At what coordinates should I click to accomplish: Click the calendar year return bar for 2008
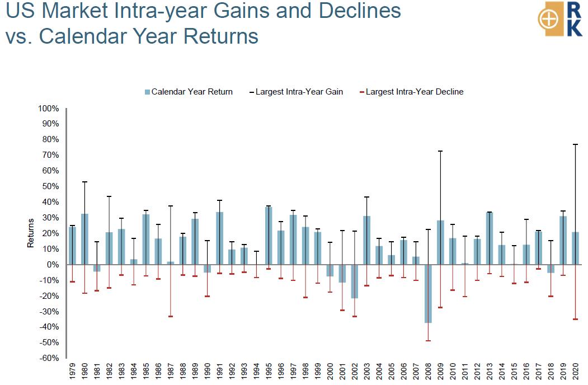pyautogui.click(x=428, y=293)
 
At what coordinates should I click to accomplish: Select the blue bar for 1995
pyautogui.click(x=269, y=236)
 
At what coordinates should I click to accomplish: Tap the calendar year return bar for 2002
pyautogui.click(x=354, y=281)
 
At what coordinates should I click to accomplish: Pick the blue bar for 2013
pyautogui.click(x=490, y=238)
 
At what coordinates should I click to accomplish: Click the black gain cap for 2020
pyautogui.click(x=575, y=144)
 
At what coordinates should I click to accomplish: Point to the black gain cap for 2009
pyautogui.click(x=440, y=151)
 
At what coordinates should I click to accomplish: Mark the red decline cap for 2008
pyautogui.click(x=428, y=341)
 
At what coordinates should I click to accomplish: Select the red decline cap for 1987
pyautogui.click(x=170, y=316)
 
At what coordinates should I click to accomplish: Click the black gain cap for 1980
pyautogui.click(x=84, y=182)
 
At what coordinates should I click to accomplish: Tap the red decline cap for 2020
pyautogui.click(x=575, y=319)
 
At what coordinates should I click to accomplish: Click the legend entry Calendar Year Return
pyautogui.click(x=189, y=92)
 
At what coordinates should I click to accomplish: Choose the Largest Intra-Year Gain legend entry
pyautogui.click(x=297, y=92)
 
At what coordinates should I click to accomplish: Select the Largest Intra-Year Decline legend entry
pyautogui.click(x=411, y=92)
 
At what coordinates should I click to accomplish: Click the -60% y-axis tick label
pyautogui.click(x=49, y=358)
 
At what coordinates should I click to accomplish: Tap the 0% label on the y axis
pyautogui.click(x=53, y=265)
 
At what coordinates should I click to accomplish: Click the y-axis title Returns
pyautogui.click(x=30, y=233)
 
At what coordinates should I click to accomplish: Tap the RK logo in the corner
pyautogui.click(x=560, y=19)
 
